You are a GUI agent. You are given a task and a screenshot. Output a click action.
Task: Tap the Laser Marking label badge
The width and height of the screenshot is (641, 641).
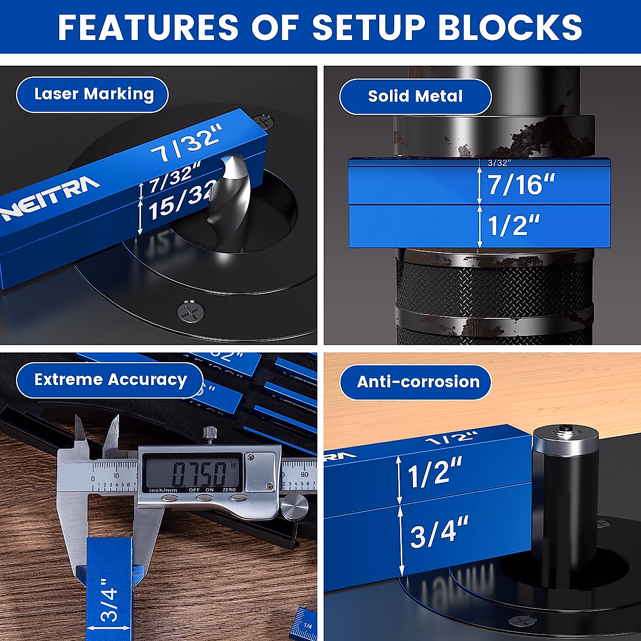93,95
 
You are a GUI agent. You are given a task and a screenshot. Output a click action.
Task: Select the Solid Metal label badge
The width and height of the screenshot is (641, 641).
415,97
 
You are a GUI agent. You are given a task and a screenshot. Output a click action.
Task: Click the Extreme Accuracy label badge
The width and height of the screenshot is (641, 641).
110,380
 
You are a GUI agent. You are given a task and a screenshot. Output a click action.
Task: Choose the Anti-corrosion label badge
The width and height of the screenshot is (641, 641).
418,382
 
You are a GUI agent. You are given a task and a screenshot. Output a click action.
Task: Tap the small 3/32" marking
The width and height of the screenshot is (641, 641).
499,162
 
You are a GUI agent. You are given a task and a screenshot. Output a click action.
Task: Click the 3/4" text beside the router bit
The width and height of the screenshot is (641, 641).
439,532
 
